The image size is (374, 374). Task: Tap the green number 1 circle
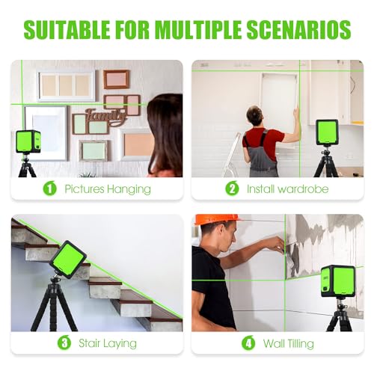coord(49,188)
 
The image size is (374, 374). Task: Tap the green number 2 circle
coord(232,188)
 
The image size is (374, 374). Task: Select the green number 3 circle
coord(66,343)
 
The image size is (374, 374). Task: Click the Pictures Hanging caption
coord(107,189)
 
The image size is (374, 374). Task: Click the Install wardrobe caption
coord(287,189)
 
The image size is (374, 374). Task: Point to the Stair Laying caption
coord(109,343)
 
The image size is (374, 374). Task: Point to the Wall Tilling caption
coord(288,343)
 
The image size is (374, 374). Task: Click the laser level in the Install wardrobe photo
coord(326,134)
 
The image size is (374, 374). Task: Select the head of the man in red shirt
coord(255,115)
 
